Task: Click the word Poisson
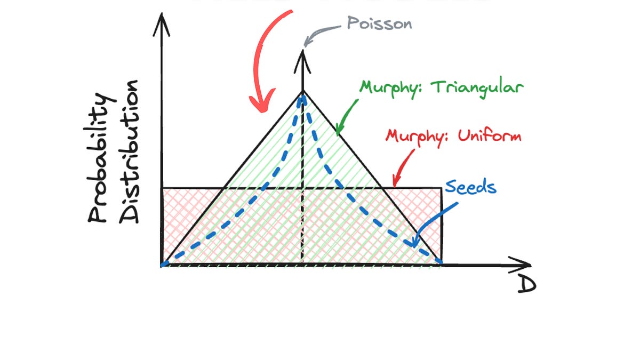tap(379, 23)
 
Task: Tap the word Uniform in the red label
tap(490, 135)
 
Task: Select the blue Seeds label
tap(470, 187)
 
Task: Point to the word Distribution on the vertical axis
tap(129, 151)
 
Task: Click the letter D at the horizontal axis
tap(527, 285)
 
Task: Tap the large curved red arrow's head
tap(262, 101)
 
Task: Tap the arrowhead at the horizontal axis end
tap(521, 265)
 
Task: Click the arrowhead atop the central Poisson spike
tap(302, 61)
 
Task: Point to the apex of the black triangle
tap(302, 91)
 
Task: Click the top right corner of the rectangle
tap(442, 188)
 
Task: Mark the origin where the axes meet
tap(162, 266)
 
